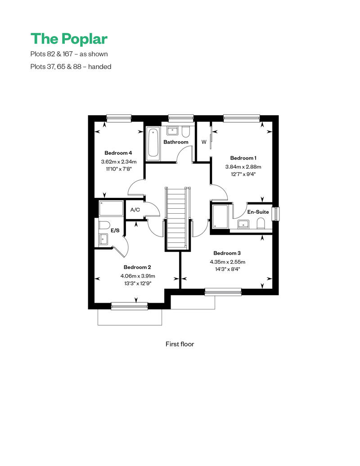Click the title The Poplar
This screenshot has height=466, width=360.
coord(69,39)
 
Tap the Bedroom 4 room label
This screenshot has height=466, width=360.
coord(118,153)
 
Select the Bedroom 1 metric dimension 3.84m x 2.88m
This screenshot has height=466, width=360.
coord(243,167)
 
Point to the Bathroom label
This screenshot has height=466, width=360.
coord(175,142)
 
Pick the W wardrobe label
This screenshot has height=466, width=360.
coord(204,142)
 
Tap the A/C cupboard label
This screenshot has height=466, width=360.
coord(135,210)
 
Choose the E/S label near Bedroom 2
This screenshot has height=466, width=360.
coord(115,230)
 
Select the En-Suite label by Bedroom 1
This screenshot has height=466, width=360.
coord(258,212)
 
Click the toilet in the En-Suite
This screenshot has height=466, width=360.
coord(261,224)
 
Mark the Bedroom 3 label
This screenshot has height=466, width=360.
coord(227,253)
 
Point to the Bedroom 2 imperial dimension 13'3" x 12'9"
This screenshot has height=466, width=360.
coord(138,283)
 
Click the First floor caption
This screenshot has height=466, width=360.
coord(180,344)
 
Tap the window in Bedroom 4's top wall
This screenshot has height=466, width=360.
coord(119,118)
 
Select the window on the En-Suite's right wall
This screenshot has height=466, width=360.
coord(276,214)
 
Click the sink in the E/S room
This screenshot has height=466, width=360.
coord(103,239)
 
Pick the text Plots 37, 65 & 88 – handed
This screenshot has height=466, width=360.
coord(71,67)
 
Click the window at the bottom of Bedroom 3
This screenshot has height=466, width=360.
coord(223,292)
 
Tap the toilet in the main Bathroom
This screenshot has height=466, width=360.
coord(185,132)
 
